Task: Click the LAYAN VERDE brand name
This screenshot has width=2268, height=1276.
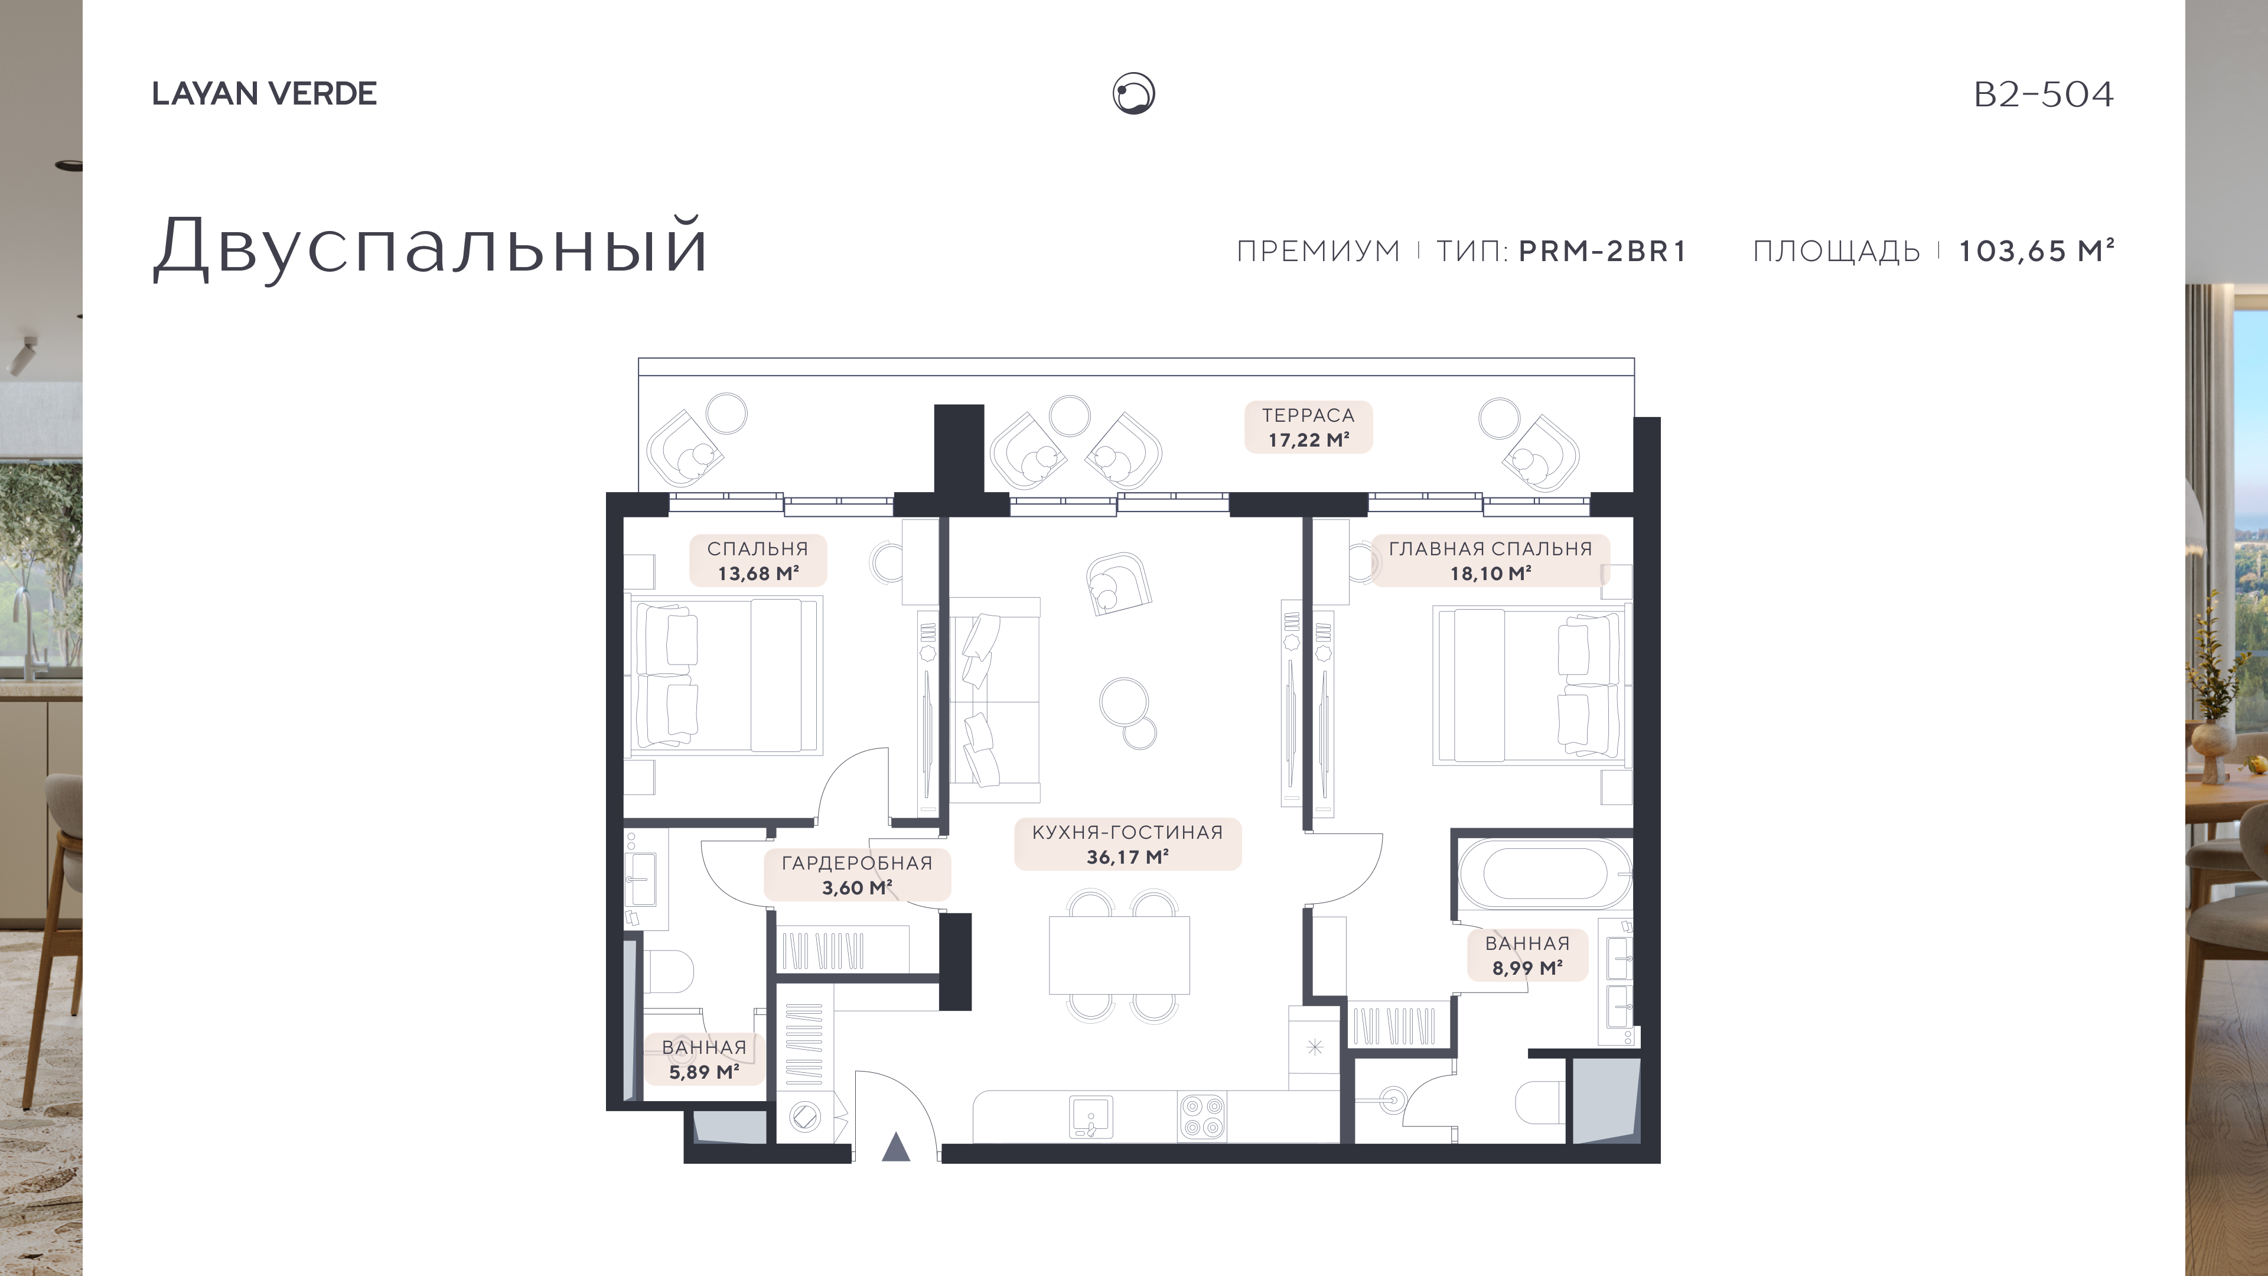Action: pyautogui.click(x=264, y=93)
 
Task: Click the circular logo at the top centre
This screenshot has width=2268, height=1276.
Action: pyautogui.click(x=1134, y=93)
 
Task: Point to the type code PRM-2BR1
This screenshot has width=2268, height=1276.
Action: pyautogui.click(x=1602, y=251)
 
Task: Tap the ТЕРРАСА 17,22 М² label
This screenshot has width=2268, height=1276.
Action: pyautogui.click(x=1308, y=427)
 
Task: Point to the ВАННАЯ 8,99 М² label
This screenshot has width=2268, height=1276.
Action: pyautogui.click(x=1527, y=955)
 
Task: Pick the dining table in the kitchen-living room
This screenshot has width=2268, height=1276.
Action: pyautogui.click(x=1119, y=955)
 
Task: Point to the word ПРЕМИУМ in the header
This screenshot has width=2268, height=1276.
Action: pyautogui.click(x=1318, y=251)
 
